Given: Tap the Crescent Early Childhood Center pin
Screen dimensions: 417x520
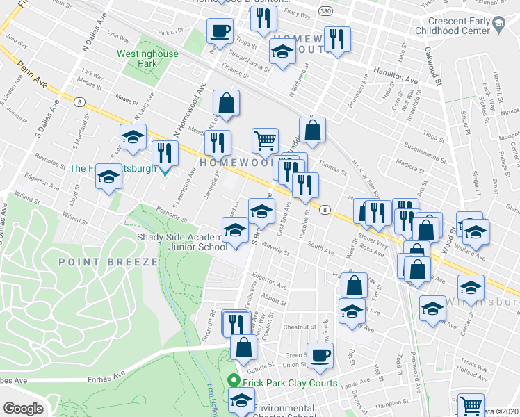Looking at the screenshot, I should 498,26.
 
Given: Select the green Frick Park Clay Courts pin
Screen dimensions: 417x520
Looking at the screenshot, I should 234,382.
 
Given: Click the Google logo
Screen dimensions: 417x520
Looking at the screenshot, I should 23,409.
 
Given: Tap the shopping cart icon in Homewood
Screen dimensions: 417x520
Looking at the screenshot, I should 265,140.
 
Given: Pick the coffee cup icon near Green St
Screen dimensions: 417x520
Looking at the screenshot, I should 319,354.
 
